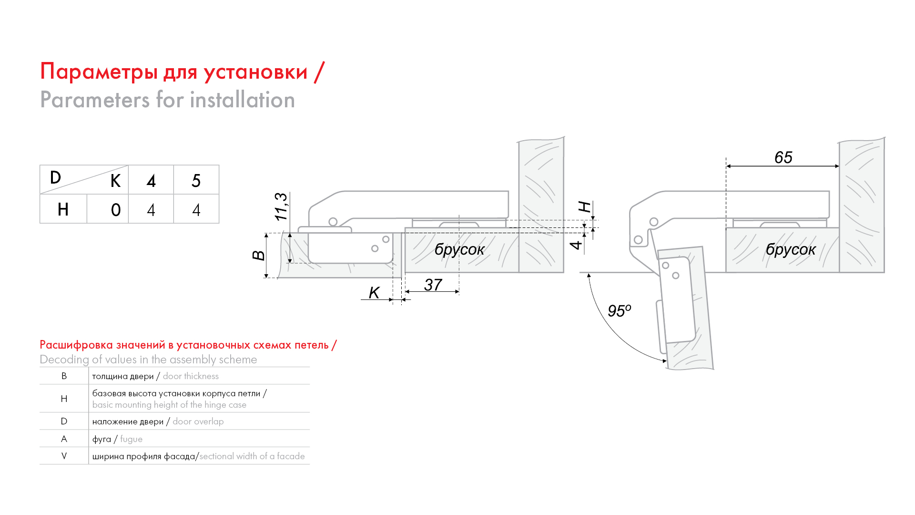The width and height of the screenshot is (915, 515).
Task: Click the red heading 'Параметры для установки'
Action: pyautogui.click(x=174, y=72)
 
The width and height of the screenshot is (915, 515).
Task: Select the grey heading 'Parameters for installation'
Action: pyautogui.click(x=167, y=100)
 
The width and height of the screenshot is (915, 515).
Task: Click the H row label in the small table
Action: pyautogui.click(x=63, y=209)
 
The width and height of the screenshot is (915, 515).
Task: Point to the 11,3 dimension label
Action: pyautogui.click(x=281, y=206)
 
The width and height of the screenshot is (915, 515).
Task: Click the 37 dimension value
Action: pyautogui.click(x=433, y=285)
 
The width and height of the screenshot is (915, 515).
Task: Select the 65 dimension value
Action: pyautogui.click(x=783, y=157)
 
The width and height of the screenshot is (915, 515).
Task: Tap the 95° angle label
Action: pyautogui.click(x=619, y=311)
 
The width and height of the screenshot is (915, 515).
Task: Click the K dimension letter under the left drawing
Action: pyautogui.click(x=374, y=293)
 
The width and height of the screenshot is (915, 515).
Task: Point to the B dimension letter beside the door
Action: pyautogui.click(x=258, y=256)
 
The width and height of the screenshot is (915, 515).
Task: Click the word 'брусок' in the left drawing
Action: pyautogui.click(x=459, y=249)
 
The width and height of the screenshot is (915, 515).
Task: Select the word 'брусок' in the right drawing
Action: pyautogui.click(x=791, y=249)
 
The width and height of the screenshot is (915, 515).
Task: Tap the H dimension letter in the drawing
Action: pyautogui.click(x=585, y=207)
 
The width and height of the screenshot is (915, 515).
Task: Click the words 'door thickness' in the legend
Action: pyautogui.click(x=191, y=376)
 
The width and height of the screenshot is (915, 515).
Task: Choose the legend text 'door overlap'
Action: pyautogui.click(x=198, y=422)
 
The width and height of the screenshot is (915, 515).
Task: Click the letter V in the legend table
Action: pyautogui.click(x=64, y=456)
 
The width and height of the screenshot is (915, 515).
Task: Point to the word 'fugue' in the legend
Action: pyautogui.click(x=131, y=439)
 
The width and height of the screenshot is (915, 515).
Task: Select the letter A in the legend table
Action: pyautogui.click(x=64, y=439)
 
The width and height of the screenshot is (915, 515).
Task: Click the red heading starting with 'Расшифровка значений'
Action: pyautogui.click(x=188, y=345)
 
